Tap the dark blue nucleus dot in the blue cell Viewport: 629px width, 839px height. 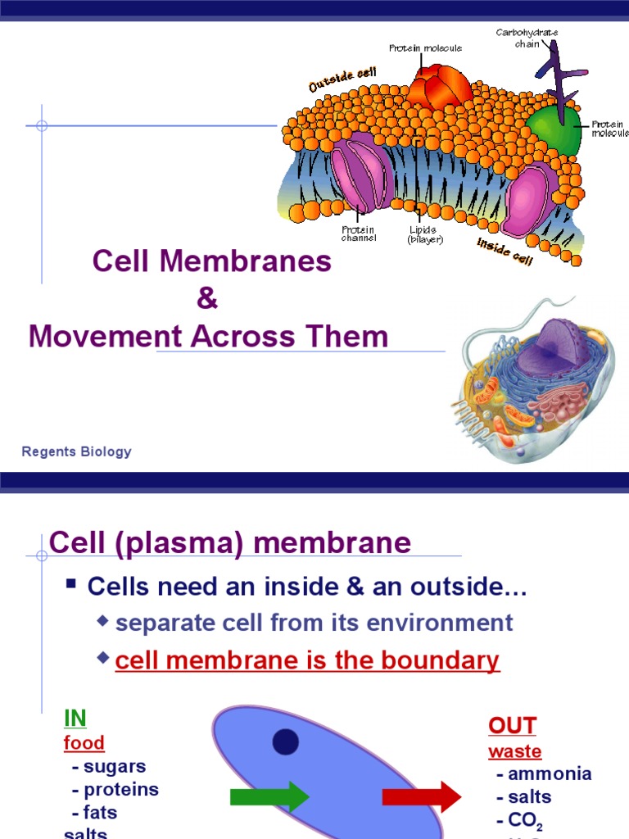coord(285,742)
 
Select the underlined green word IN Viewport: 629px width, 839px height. coord(75,719)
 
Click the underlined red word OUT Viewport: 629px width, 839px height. coord(512,725)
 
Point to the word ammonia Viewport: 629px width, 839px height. coord(550,774)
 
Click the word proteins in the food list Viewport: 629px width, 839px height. coord(121,790)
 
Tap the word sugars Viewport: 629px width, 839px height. coord(115,767)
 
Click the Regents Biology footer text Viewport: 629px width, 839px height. coord(76,451)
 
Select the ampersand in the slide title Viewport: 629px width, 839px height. coord(207,299)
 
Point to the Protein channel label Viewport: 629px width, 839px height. coord(359,234)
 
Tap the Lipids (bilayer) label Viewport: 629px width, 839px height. coord(425,234)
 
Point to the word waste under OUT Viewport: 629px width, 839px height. coord(515,751)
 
